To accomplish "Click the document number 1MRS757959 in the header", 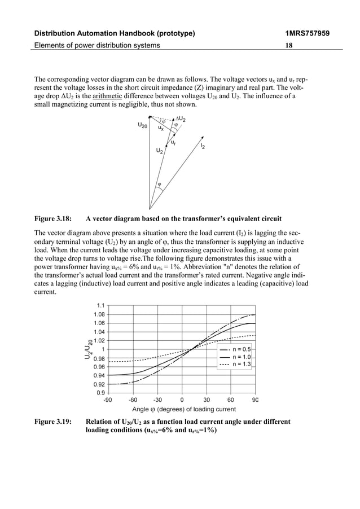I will [307, 33].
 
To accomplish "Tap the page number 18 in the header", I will [288, 45].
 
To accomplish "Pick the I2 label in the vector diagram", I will [203, 146].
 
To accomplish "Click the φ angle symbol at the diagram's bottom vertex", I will [159, 185].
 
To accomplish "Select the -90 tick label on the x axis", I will [107, 400].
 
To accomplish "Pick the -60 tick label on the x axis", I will [133, 400].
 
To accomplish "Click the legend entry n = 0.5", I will [239, 349].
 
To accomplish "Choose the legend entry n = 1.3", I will [239, 365].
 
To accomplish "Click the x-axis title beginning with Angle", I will [183, 409].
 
